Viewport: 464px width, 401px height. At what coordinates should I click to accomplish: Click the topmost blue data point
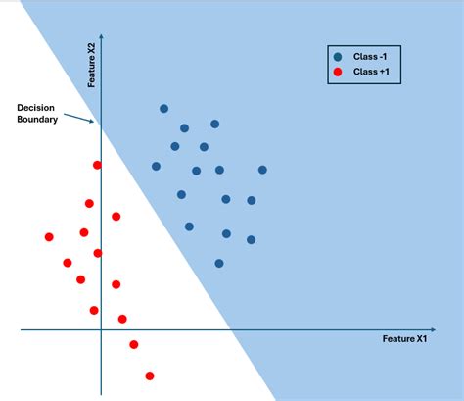pyautogui.click(x=163, y=109)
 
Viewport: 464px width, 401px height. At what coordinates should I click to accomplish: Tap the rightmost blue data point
pyautogui.click(x=262, y=170)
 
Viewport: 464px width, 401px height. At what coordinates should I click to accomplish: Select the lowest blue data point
pyautogui.click(x=219, y=263)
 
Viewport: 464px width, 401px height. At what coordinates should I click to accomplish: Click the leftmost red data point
pyautogui.click(x=49, y=237)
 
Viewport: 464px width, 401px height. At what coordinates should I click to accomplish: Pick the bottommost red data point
pyautogui.click(x=150, y=376)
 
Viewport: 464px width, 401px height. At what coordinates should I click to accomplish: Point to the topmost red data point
pyautogui.click(x=97, y=165)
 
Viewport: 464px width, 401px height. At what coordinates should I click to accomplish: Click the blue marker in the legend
pyautogui.click(x=338, y=57)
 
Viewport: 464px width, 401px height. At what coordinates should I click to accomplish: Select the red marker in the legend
pyautogui.click(x=338, y=72)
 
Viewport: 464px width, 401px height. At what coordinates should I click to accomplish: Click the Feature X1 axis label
pyautogui.click(x=404, y=339)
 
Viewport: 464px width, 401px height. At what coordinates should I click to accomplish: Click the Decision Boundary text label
pyautogui.click(x=37, y=113)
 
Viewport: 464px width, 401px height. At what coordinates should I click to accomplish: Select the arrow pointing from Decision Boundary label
pyautogui.click(x=78, y=118)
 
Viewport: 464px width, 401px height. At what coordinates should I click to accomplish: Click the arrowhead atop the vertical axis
pyautogui.click(x=102, y=37)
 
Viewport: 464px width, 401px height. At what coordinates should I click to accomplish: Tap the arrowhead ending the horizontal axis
pyautogui.click(x=435, y=329)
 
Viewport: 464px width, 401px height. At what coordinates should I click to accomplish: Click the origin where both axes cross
pyautogui.click(x=102, y=329)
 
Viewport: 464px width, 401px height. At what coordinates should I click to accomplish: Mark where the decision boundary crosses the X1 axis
pyautogui.click(x=232, y=329)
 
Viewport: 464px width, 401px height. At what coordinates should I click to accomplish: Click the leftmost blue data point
pyautogui.click(x=156, y=167)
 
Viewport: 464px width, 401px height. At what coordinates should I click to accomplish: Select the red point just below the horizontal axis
pyautogui.click(x=134, y=344)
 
